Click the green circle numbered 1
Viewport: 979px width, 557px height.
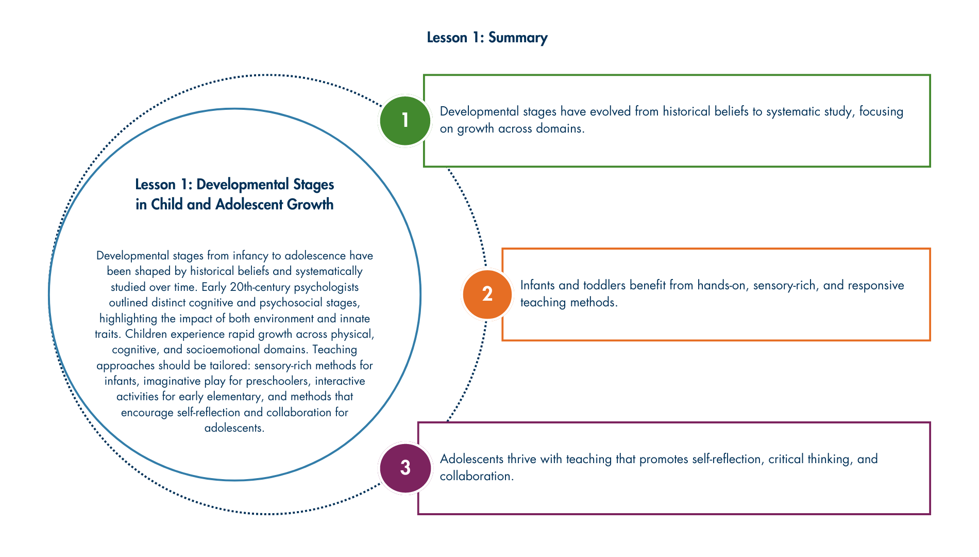[405, 121]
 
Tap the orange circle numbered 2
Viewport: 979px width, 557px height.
[487, 294]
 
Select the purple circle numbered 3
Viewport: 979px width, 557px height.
[405, 468]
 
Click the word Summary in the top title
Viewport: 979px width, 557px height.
[517, 38]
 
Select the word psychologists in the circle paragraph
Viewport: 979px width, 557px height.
[326, 287]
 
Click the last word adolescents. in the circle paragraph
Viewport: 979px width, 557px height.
[234, 428]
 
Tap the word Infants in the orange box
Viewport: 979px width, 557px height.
[538, 285]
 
